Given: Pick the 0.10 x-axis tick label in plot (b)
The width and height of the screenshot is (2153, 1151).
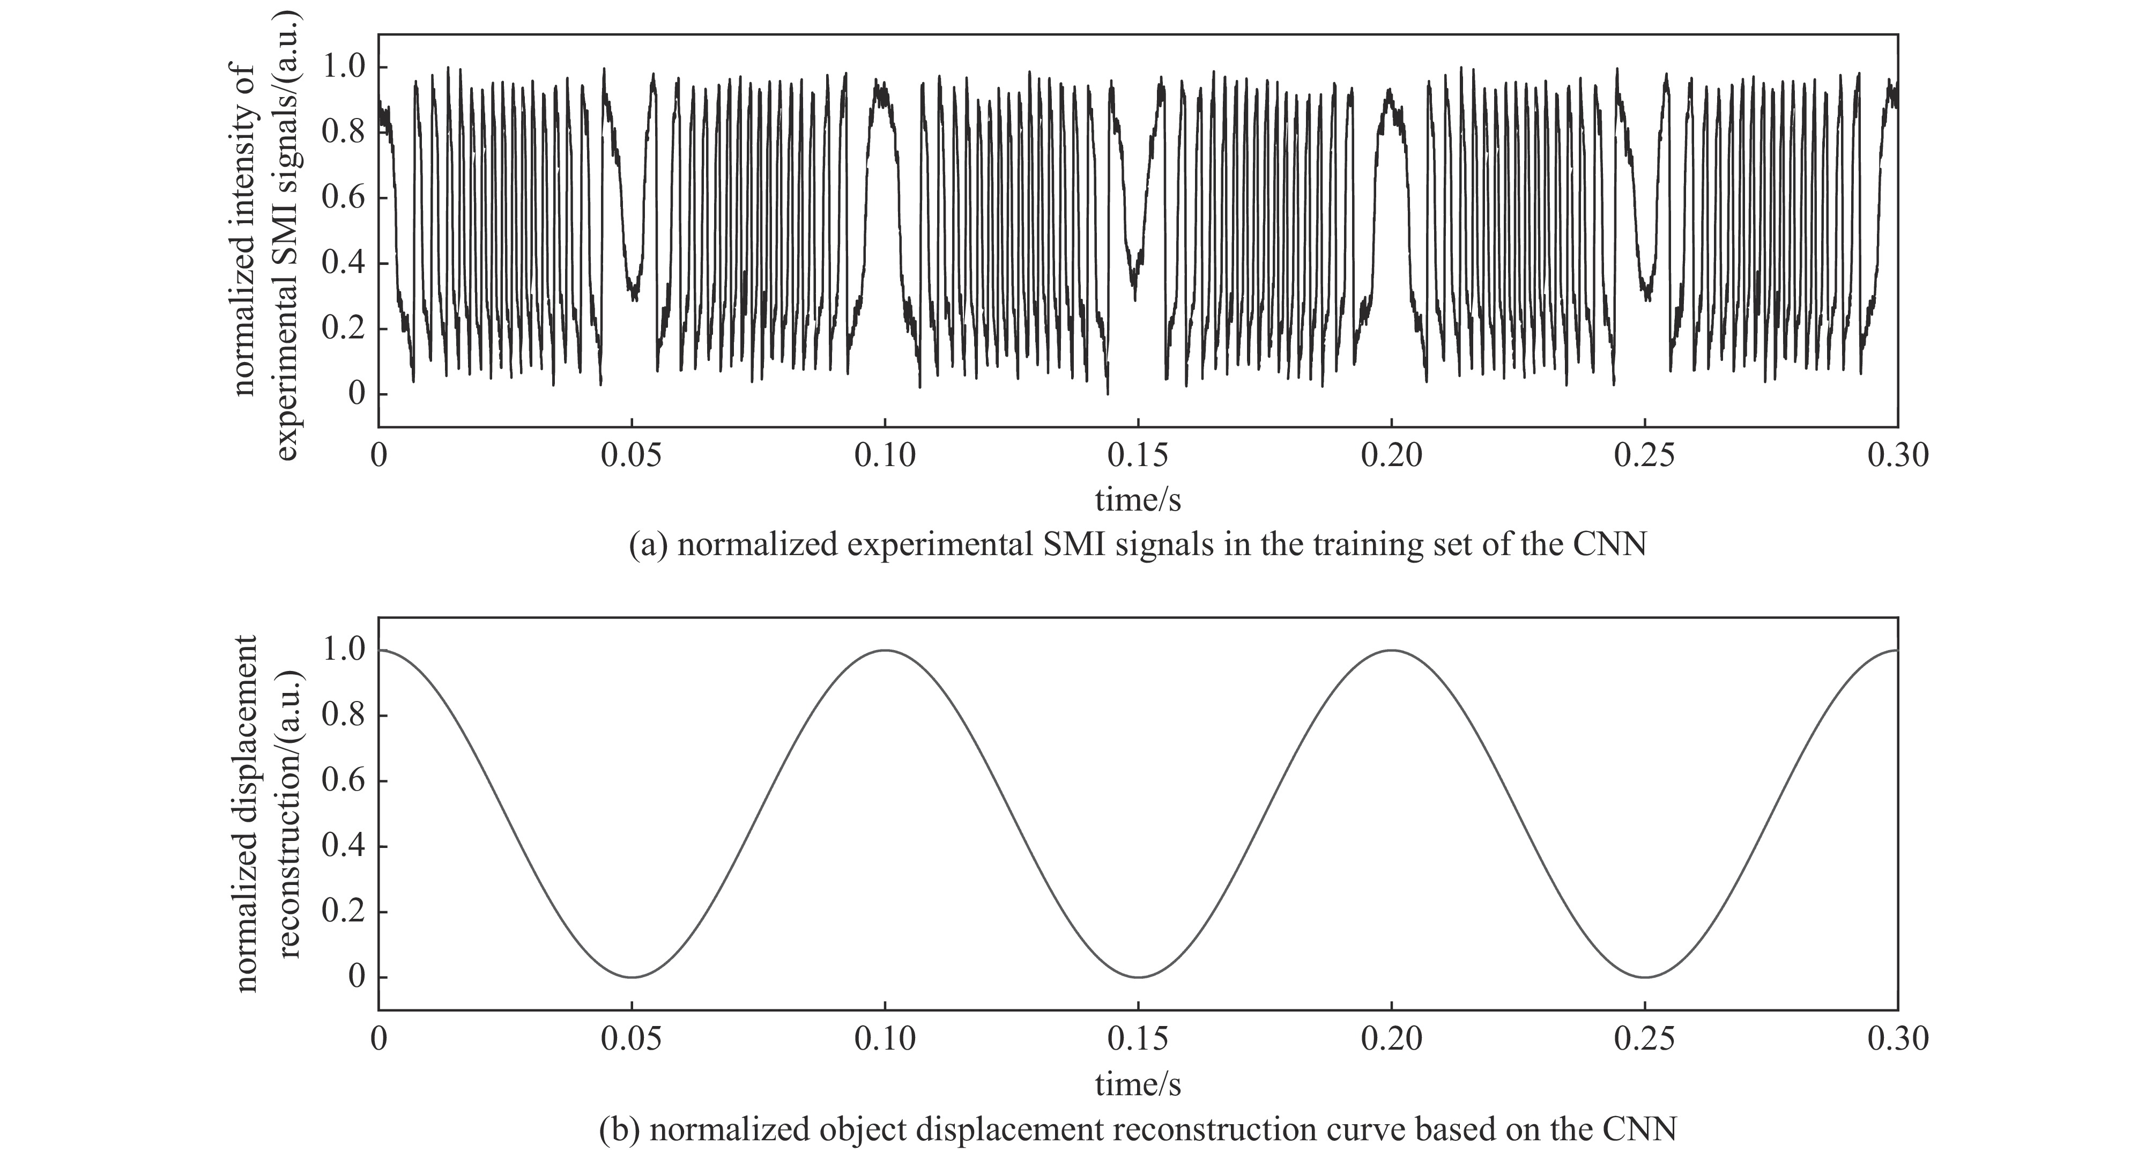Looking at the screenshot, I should click(885, 1039).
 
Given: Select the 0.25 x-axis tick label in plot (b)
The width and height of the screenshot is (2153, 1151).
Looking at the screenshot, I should click(1645, 1039).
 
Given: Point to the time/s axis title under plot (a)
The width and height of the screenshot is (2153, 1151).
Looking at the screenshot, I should click(1138, 500).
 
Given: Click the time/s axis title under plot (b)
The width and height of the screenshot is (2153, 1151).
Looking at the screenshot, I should click(1138, 1084).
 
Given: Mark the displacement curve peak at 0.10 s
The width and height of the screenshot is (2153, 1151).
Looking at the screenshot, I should click(885, 650).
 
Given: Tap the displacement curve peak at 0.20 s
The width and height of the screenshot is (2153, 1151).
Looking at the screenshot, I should click(1392, 650).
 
